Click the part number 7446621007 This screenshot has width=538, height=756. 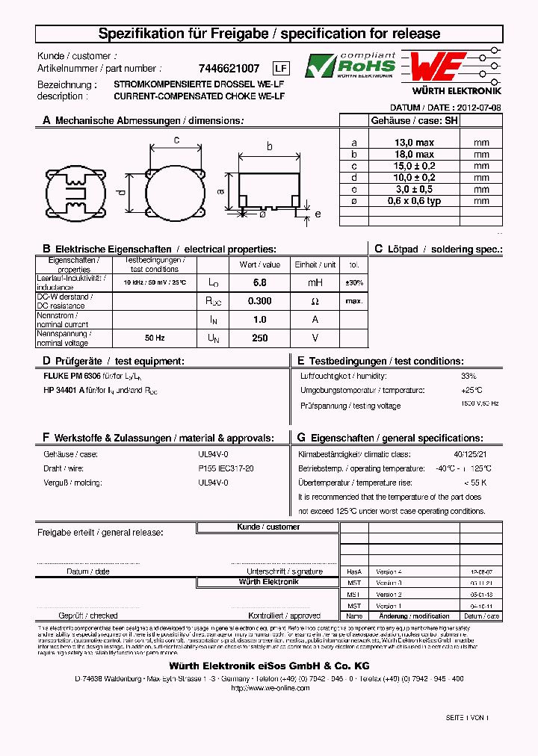[230, 68]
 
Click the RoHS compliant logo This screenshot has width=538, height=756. [350, 66]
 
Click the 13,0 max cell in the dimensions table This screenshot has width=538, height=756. [414, 142]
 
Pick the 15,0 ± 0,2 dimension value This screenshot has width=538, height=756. [414, 166]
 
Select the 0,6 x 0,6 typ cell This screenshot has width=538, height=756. [414, 201]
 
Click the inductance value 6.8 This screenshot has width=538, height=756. [259, 282]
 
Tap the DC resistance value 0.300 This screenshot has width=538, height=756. [259, 301]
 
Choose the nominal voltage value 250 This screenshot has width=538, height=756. [259, 338]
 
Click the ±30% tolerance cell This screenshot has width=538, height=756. [355, 282]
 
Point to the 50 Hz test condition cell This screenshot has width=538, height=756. [155, 338]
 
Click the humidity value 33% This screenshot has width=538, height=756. [469, 376]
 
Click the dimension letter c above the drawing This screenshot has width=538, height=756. [176, 140]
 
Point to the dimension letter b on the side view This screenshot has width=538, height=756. [269, 146]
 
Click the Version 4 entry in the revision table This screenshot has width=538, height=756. [389, 570]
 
